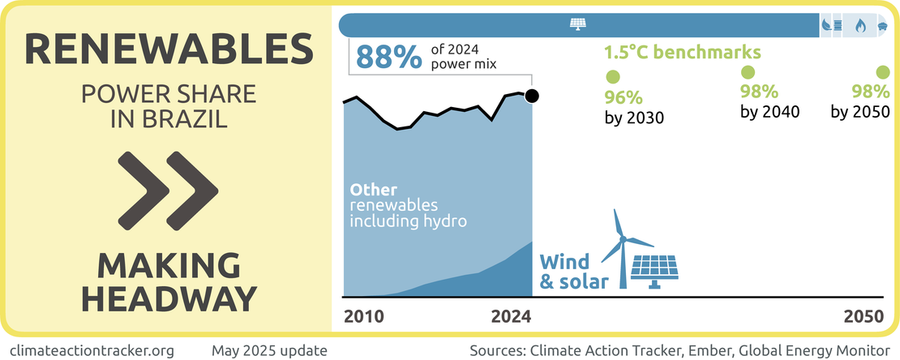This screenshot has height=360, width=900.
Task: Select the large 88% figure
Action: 389,57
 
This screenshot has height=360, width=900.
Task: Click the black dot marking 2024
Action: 532,96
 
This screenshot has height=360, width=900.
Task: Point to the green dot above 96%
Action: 614,78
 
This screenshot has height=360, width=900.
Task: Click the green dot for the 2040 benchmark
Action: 749,72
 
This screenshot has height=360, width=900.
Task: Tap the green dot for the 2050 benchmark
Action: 881,72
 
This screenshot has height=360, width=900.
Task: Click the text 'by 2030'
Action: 634,118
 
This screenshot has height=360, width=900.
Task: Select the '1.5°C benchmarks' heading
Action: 682,53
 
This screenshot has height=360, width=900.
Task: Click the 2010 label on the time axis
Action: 363,316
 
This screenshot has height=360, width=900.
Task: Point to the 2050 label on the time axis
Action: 863,316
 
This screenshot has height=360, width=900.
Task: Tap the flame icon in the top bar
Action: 859,25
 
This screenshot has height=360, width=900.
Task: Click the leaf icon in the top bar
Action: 826,25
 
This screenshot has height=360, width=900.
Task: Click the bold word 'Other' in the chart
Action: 368,188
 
